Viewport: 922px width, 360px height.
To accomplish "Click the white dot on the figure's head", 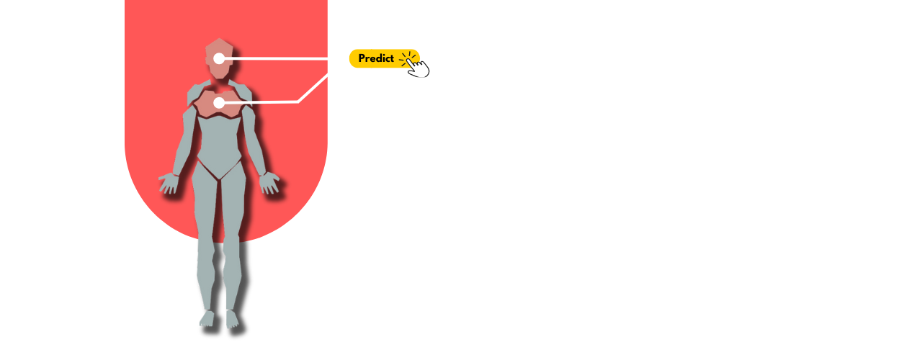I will pos(219,58).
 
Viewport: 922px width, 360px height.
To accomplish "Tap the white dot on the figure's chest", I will pos(219,103).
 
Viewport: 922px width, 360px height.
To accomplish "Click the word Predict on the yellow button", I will pos(376,58).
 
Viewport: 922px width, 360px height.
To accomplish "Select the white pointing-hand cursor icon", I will pos(417,67).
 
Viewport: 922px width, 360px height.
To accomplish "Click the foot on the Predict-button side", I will pos(231,318).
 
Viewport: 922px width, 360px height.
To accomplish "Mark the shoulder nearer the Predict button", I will pos(242,92).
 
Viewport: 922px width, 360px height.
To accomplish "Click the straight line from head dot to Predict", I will pos(288,58).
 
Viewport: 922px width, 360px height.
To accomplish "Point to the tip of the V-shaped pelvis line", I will pos(219,179).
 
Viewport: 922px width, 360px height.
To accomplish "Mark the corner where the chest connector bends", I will pos(298,102).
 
